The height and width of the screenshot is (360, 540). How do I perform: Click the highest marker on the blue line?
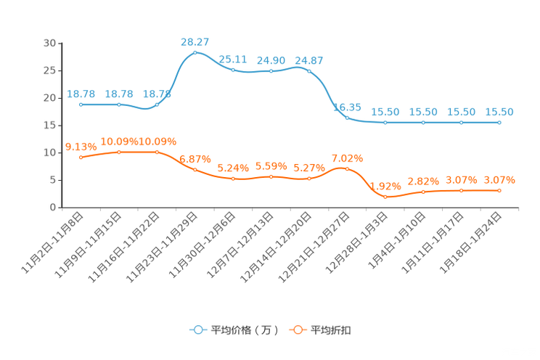point(195,53)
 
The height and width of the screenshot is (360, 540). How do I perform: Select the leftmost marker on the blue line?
point(81,105)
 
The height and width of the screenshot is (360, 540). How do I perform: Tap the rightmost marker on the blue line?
point(499,123)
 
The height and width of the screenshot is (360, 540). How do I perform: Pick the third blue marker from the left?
point(157,105)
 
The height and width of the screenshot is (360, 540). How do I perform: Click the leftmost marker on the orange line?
point(81,157)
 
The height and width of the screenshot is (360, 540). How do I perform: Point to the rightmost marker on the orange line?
point(499,190)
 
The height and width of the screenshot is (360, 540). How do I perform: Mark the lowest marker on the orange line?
point(385,197)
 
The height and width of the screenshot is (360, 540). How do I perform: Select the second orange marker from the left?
point(119,152)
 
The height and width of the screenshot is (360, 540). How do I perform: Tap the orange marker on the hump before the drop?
point(346,168)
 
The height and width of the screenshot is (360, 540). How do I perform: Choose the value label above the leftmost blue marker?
point(81,94)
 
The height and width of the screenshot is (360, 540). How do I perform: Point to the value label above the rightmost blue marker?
point(499,112)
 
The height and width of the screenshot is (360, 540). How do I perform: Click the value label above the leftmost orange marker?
point(78,146)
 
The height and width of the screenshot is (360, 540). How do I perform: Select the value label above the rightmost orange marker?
point(501,179)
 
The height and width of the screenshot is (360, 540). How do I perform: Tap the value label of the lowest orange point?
point(385,185)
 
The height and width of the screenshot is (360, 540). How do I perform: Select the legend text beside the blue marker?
point(244,330)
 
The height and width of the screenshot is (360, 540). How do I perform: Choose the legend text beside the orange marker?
point(332,330)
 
